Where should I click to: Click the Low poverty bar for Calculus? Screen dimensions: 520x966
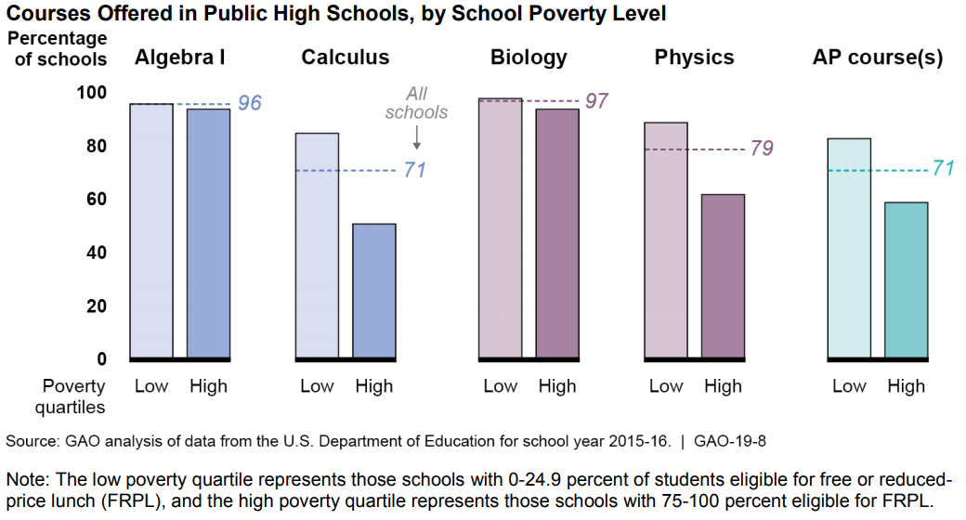tap(317, 245)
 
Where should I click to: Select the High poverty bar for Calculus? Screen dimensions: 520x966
tap(374, 290)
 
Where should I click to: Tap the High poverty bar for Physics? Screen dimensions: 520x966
tap(723, 276)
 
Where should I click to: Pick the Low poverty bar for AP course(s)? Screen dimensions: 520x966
tap(849, 248)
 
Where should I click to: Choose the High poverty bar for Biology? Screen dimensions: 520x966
tap(557, 233)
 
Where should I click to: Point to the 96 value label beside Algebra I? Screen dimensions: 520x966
tap(250, 103)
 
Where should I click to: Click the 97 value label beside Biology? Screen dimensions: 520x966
tap(597, 100)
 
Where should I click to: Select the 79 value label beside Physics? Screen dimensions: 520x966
tap(761, 149)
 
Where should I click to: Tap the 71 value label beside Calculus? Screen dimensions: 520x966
tap(414, 170)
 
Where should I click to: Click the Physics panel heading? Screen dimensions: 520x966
tap(694, 58)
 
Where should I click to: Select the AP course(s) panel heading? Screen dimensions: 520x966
tap(878, 58)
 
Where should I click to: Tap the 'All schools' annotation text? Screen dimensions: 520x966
tap(416, 103)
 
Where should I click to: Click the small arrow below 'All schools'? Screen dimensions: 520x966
tap(416, 137)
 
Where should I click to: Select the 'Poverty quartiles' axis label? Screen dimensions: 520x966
tap(74, 396)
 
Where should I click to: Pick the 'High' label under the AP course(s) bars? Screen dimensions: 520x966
tap(906, 386)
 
